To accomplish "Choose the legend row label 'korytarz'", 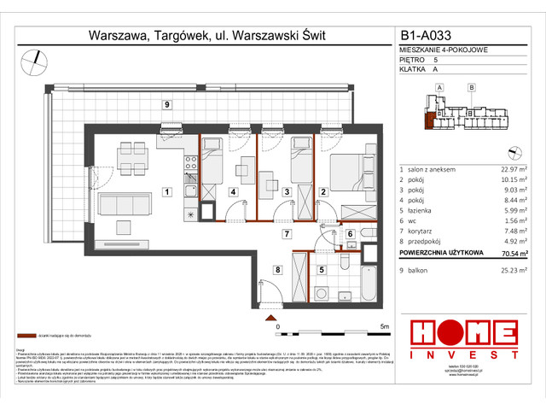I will click(422, 231).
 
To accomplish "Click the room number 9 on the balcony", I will click(167, 104).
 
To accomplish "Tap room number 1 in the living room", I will click(167, 191).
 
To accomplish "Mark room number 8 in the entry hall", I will click(276, 270).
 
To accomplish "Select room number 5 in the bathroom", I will click(320, 270).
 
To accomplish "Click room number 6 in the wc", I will click(350, 233).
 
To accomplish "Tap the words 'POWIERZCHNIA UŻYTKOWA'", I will click(442, 252).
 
